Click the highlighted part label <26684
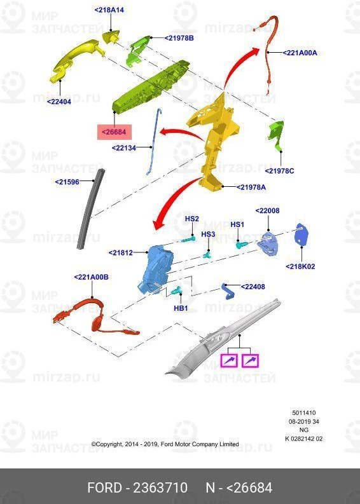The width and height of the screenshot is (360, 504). (114, 132)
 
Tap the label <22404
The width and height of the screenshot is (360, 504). (59, 102)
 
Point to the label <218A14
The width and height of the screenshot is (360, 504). (109, 10)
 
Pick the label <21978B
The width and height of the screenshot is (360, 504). (179, 38)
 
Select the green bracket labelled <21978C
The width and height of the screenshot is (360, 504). (276, 135)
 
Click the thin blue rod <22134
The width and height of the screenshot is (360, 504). (154, 142)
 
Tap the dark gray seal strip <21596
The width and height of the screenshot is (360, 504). (90, 209)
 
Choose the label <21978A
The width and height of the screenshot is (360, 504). (251, 187)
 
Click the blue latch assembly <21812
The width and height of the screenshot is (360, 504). (156, 269)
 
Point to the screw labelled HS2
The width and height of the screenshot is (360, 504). (189, 238)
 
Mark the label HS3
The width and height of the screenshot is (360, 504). (208, 234)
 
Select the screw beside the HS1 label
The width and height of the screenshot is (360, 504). (242, 245)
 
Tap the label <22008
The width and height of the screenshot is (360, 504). (267, 210)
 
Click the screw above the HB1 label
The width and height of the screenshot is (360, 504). (177, 290)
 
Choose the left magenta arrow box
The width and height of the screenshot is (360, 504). (229, 360)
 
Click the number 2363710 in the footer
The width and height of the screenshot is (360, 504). (160, 487)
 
